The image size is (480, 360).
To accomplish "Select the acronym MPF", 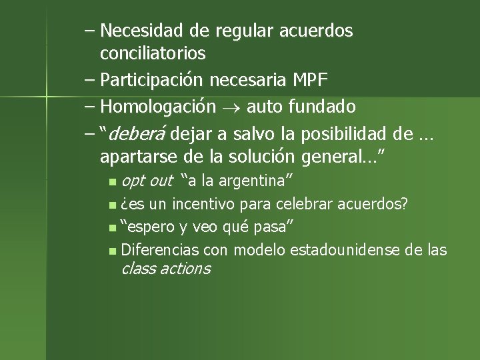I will (310, 81).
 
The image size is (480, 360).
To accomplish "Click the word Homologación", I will (157, 107).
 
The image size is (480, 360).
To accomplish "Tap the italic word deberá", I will (138, 133).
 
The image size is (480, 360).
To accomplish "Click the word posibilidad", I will (345, 133).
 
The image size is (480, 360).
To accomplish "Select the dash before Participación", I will (90, 81).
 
